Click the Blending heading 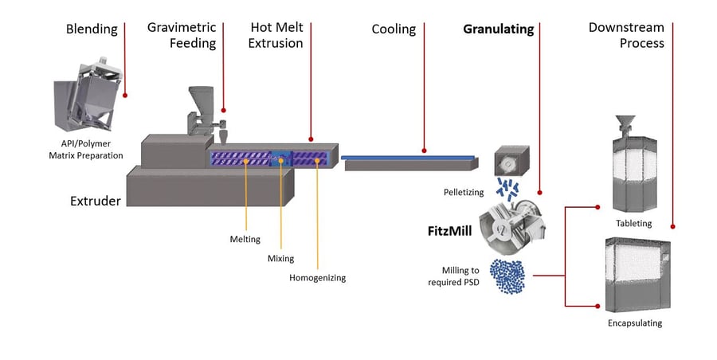[x=92, y=29]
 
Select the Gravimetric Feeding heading [x=182, y=36]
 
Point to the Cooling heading [x=394, y=29]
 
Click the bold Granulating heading [x=499, y=29]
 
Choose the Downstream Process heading [x=626, y=36]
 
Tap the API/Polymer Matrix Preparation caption [x=86, y=150]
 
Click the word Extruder [x=94, y=201]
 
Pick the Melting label [x=245, y=239]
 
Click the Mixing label [x=280, y=258]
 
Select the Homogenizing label [x=317, y=278]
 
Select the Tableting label [x=633, y=223]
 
